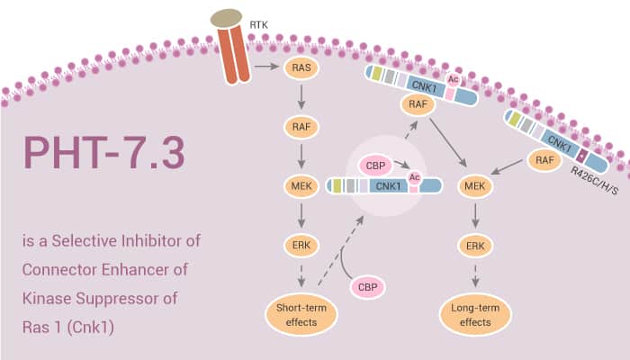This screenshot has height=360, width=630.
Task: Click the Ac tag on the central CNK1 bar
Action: pyautogui.click(x=415, y=177)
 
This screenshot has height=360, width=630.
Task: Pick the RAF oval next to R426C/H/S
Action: pyautogui.click(x=542, y=160)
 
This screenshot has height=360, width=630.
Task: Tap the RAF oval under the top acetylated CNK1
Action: pyautogui.click(x=418, y=104)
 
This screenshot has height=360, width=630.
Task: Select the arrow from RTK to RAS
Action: pyautogui.click(x=266, y=67)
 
